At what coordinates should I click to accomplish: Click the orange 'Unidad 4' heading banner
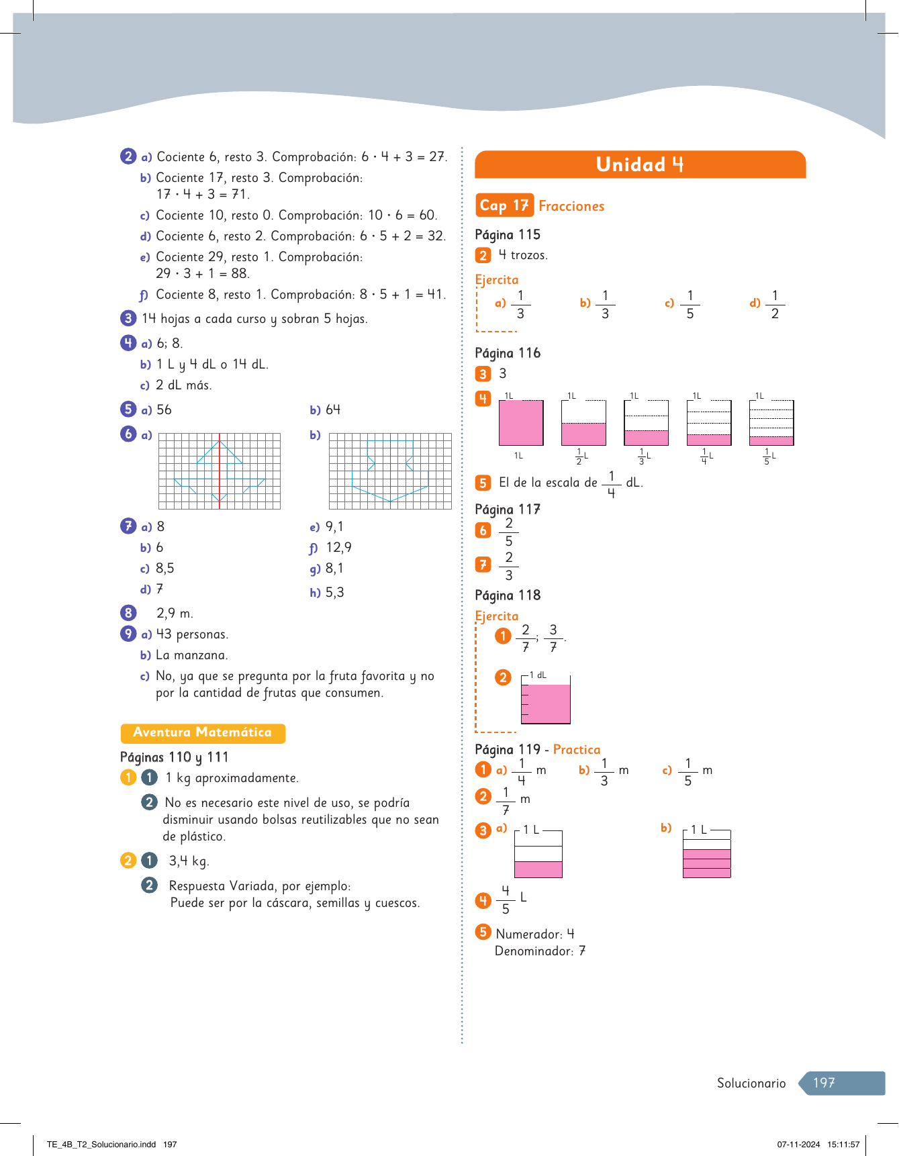point(640,164)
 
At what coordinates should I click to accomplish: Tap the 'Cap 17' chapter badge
point(504,205)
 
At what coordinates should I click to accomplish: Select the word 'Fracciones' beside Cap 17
point(571,206)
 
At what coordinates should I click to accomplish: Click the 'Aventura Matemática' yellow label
point(203,733)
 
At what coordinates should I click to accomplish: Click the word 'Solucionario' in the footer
point(751,1083)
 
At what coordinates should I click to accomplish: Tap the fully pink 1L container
point(521,423)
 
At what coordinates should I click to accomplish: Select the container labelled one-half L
point(583,423)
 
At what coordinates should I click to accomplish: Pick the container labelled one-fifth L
point(771,423)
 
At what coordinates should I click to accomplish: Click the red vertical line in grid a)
point(220,471)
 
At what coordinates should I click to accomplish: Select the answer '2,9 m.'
point(175,613)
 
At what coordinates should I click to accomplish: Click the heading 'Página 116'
point(508,353)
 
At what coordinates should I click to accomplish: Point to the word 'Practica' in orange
point(577,749)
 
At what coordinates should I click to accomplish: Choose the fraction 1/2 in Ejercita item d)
point(775,304)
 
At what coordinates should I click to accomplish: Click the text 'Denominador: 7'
point(540,951)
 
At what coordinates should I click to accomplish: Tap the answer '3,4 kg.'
point(189,861)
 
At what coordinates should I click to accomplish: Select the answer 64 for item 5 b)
point(333,410)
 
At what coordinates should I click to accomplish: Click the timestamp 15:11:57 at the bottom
point(843,1145)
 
